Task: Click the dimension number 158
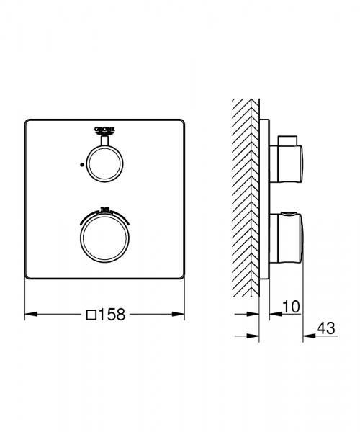tap(112, 314)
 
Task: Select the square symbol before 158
tap(91, 314)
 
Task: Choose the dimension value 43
tap(326, 329)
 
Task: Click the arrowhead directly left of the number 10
tap(274, 314)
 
